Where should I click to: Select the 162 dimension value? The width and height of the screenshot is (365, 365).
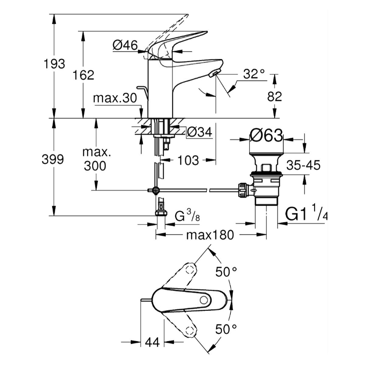tap(83, 75)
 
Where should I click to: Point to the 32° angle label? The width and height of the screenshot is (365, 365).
tap(254, 74)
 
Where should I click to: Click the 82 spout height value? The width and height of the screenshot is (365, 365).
tap(275, 97)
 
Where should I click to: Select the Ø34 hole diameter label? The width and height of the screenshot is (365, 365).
tap(200, 132)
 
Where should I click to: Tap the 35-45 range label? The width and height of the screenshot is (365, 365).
tap(303, 166)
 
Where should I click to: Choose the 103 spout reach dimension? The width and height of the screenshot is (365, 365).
tap(188, 160)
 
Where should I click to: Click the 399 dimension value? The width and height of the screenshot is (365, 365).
tap(53, 159)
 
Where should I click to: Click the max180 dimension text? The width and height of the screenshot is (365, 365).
tap(210, 235)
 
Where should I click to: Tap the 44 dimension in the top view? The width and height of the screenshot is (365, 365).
tap(152, 342)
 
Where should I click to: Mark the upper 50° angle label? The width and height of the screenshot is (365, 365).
tap(226, 272)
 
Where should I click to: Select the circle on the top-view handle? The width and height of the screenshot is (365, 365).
tap(203, 301)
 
